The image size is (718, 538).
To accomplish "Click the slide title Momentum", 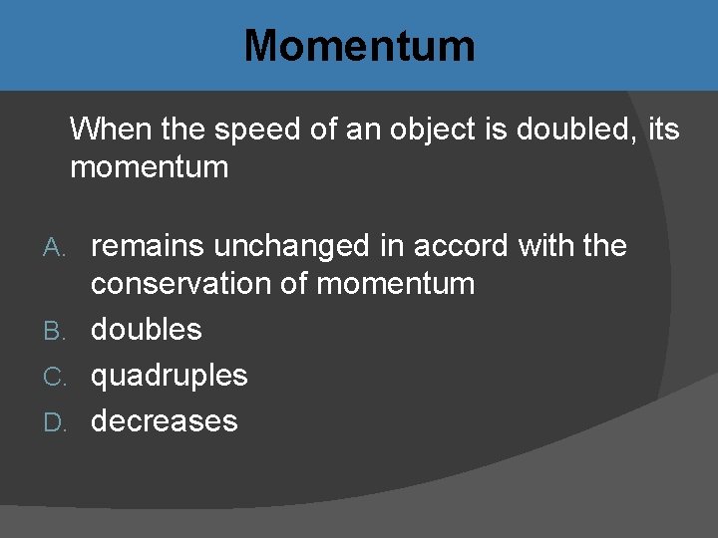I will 359,46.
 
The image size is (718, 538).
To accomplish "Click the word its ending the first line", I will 663,129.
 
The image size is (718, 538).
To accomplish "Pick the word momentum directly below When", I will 150,166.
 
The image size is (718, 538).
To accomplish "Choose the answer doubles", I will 147,329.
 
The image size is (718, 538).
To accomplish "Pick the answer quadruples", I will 170,376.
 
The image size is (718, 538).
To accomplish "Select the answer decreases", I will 165,420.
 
